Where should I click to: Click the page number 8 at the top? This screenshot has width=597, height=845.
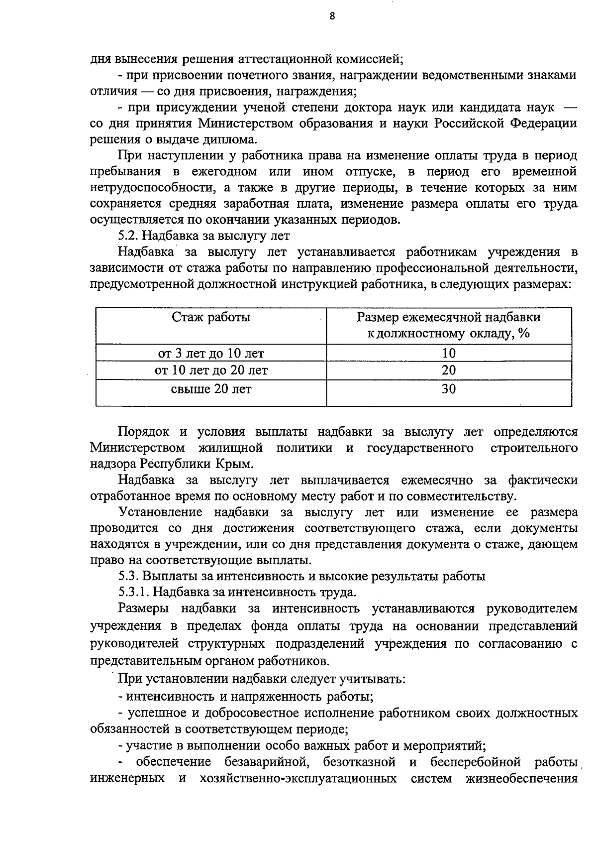tap(332, 16)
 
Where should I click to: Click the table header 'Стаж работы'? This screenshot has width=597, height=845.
tap(211, 317)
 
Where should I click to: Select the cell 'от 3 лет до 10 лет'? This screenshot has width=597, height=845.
tap(211, 354)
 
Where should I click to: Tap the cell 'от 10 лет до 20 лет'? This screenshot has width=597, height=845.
tap(211, 370)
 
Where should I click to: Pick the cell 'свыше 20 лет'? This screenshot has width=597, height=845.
tap(211, 389)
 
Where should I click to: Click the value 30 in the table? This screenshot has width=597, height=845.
tap(448, 389)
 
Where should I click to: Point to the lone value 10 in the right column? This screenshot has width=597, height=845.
tap(448, 354)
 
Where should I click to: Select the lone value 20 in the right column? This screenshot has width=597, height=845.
tap(448, 370)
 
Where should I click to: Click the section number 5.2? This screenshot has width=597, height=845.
tap(128, 236)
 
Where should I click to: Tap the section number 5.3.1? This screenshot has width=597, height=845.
tap(133, 593)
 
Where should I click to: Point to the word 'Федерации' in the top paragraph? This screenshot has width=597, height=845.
tap(544, 123)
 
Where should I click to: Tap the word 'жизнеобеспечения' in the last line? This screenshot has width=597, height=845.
tap(521, 778)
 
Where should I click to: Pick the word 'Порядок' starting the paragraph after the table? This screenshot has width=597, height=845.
tap(142, 431)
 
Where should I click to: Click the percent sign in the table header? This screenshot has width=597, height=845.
tap(523, 334)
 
